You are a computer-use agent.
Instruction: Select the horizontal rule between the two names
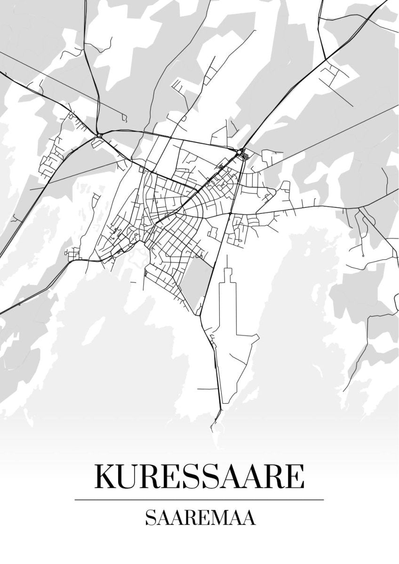199,499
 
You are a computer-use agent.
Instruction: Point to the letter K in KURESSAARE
106,477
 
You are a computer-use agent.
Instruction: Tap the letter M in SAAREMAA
221,517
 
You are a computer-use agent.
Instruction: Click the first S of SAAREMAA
149,517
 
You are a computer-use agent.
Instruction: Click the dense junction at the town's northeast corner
241,152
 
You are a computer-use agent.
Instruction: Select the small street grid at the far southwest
74,254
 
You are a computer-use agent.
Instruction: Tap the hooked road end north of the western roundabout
125,117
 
